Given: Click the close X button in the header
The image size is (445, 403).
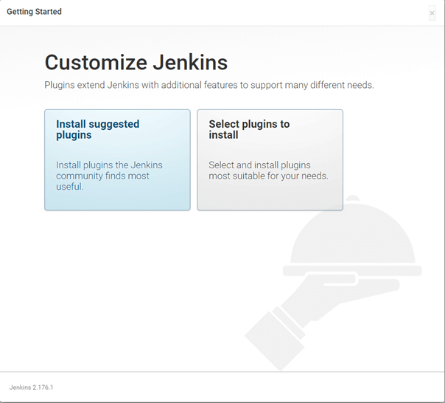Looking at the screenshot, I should coord(432,13).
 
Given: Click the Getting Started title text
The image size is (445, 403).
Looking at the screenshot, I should coord(34,12).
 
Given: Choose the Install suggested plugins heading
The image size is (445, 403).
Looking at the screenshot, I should coord(97,129).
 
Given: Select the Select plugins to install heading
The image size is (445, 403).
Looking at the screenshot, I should coord(249,129).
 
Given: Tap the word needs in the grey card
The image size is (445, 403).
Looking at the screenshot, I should coord(312,176).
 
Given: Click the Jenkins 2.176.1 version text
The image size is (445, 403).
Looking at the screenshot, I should coord(31,387).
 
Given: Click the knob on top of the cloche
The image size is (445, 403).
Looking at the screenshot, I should coord(353,201).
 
